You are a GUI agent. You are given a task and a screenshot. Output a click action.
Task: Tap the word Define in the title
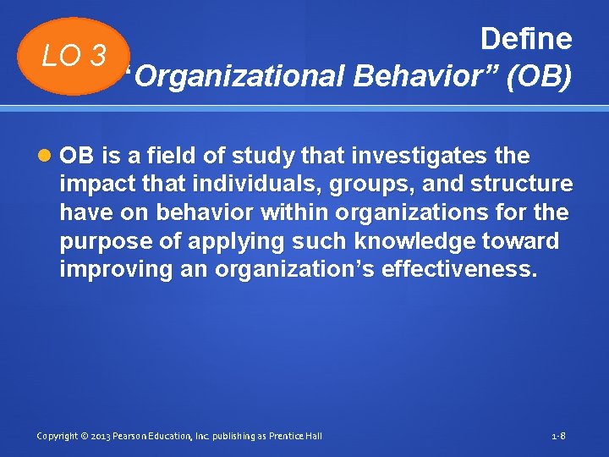525,39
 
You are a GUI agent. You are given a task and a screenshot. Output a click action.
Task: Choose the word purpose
107,242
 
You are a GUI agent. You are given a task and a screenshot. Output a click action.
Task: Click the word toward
524,242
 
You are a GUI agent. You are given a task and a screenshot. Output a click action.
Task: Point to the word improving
112,271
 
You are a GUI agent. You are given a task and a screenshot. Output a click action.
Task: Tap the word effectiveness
458,271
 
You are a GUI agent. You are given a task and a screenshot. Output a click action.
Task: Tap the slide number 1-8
558,436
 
